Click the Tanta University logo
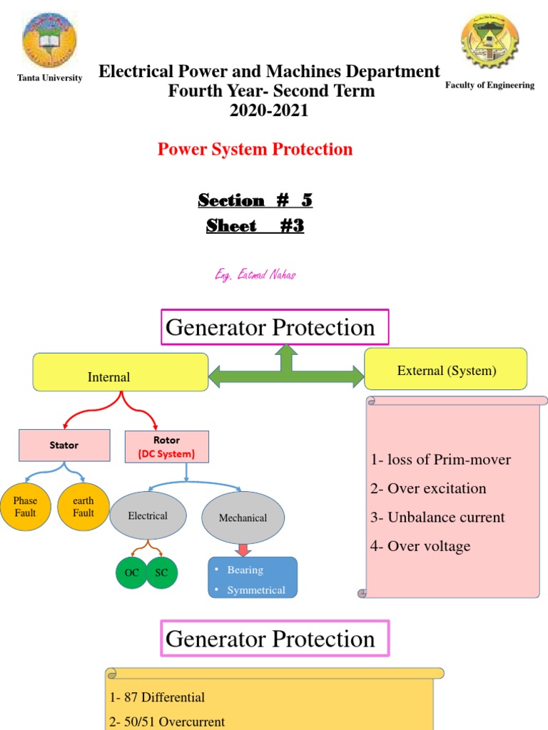pos(49,40)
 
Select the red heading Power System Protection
pos(255,149)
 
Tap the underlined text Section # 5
pos(255,200)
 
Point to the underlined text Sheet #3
pos(255,226)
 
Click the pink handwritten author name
pos(255,275)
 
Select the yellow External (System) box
pos(446,369)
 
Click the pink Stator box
pos(64,445)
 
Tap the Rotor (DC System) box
pos(166,445)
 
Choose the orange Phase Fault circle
pos(25,506)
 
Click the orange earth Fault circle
pos(83,506)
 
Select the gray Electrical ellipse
pos(148,515)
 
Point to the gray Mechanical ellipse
pos(243,518)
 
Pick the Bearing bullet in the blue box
pos(245,570)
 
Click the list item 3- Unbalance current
pos(437,518)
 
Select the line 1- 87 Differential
pos(158,697)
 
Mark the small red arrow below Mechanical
pos(243,550)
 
